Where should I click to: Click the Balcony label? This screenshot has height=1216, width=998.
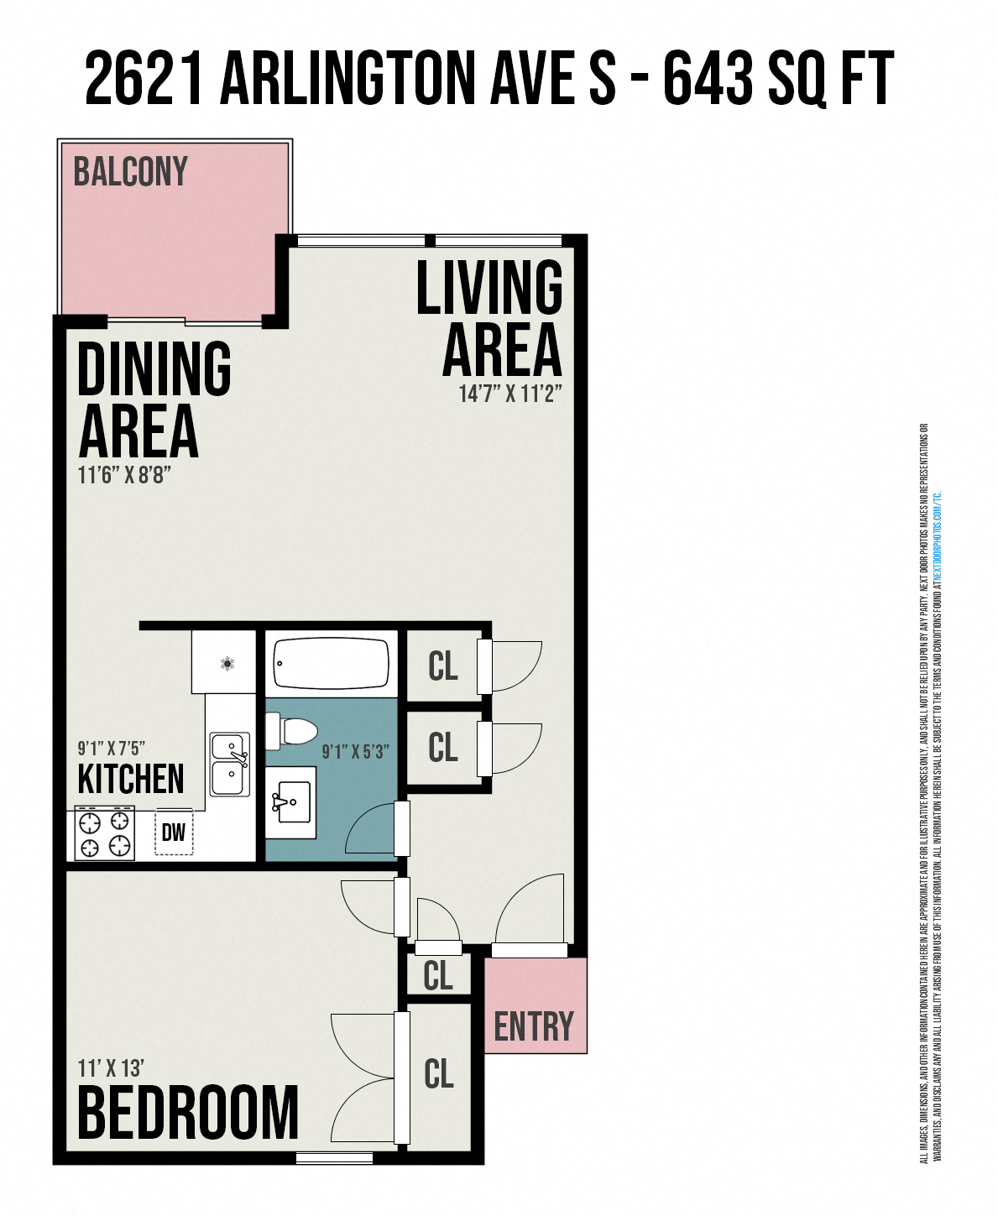pyautogui.click(x=130, y=172)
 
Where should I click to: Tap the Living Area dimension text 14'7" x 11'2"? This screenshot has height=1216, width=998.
pyautogui.click(x=509, y=394)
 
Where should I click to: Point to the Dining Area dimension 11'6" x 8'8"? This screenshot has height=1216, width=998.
pyautogui.click(x=124, y=475)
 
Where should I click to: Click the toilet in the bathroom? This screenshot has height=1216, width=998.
pyautogui.click(x=291, y=731)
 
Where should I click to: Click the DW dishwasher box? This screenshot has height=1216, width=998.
pyautogui.click(x=174, y=832)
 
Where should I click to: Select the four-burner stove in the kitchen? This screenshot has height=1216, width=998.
pyautogui.click(x=105, y=832)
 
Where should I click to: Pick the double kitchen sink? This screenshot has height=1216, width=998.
pyautogui.click(x=230, y=765)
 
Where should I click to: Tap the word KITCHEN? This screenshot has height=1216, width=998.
pyautogui.click(x=130, y=780)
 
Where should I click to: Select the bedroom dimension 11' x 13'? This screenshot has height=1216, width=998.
pyautogui.click(x=111, y=1068)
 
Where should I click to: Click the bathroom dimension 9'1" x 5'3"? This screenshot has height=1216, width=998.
pyautogui.click(x=355, y=752)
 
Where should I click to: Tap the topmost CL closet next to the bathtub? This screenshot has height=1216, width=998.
pyautogui.click(x=442, y=666)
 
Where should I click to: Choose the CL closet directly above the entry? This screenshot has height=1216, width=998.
pyautogui.click(x=438, y=976)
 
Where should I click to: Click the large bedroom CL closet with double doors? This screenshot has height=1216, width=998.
pyautogui.click(x=439, y=1074)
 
